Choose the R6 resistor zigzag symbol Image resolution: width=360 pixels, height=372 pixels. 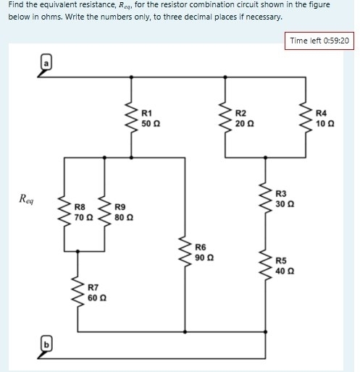tap(185, 251)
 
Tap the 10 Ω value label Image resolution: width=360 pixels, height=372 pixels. tap(326, 124)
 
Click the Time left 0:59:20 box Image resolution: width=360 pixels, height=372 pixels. tap(319, 41)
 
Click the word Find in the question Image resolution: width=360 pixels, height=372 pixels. tap(17, 5)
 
